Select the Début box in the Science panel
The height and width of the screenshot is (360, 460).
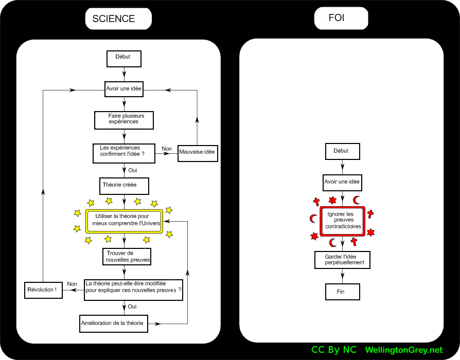(x=123, y=59)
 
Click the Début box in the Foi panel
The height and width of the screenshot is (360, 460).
(x=342, y=152)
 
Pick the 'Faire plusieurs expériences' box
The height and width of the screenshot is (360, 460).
(x=124, y=120)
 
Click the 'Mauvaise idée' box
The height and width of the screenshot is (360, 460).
(x=197, y=153)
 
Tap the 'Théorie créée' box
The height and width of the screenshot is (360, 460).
(x=124, y=186)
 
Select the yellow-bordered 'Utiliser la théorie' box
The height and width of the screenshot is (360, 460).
(x=124, y=221)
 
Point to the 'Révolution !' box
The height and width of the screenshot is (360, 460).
(x=44, y=290)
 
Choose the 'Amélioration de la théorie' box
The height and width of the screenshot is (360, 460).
(x=114, y=323)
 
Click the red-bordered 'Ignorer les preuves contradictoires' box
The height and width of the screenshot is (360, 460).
(x=342, y=221)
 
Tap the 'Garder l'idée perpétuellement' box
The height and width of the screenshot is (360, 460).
(x=343, y=260)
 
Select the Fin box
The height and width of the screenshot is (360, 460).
(x=342, y=292)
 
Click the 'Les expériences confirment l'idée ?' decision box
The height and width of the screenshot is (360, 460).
(x=123, y=153)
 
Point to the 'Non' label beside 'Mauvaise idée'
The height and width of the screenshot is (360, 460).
(x=167, y=149)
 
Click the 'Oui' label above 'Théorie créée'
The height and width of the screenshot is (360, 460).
(x=132, y=170)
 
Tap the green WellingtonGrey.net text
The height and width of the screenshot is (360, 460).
(x=403, y=350)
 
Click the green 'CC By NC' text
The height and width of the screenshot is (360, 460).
(x=333, y=350)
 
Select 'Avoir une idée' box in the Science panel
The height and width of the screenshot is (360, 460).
(x=124, y=88)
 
